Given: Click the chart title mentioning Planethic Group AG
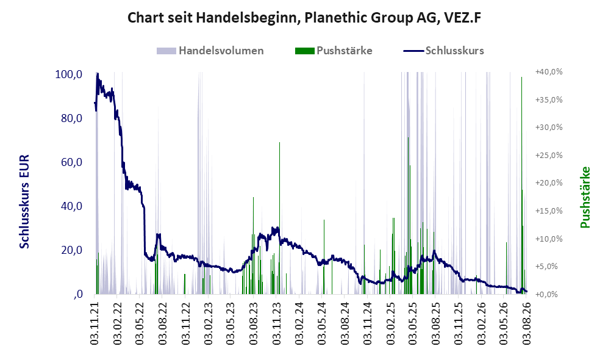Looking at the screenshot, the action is (x=304, y=18).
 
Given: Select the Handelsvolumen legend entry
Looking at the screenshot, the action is (x=210, y=51).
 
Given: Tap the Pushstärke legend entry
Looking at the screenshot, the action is (x=334, y=51).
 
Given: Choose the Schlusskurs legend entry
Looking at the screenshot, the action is (x=443, y=51).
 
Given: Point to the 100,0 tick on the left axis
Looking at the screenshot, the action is (x=69, y=74).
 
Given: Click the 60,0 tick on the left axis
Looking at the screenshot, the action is (x=71, y=162).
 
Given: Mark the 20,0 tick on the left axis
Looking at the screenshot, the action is (x=71, y=250).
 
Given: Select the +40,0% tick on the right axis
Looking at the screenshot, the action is (x=549, y=72).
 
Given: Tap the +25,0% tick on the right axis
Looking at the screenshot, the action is (x=549, y=155).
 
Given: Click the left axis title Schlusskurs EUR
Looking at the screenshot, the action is (x=24, y=202).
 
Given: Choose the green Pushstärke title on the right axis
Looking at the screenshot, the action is (x=585, y=197).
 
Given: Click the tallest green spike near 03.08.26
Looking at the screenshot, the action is (x=521, y=185).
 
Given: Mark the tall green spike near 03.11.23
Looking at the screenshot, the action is (x=279, y=218).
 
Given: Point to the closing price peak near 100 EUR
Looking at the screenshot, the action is (x=98, y=73).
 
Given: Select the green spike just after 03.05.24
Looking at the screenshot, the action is (x=324, y=257).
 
